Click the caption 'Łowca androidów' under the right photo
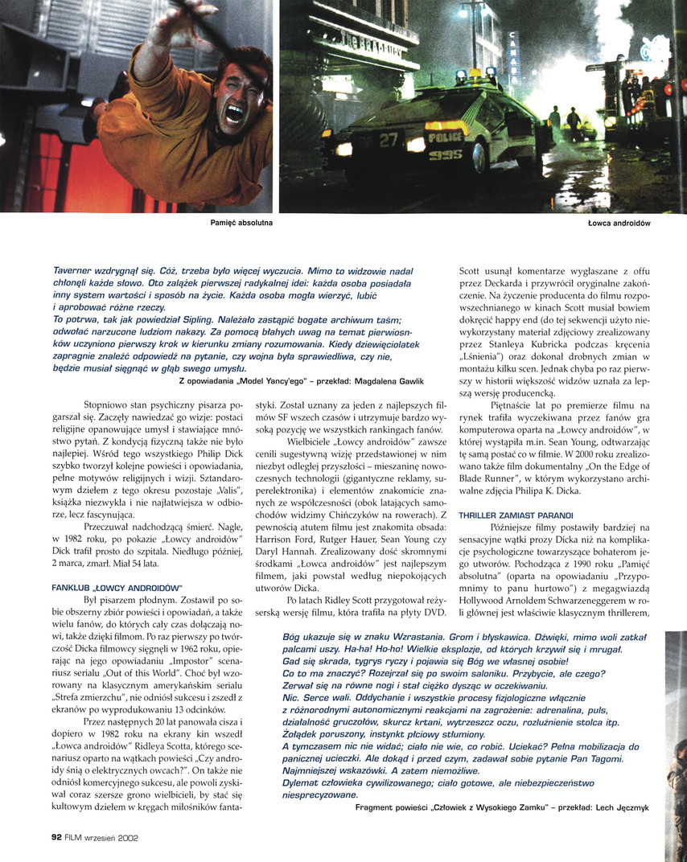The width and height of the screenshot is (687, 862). [619, 222]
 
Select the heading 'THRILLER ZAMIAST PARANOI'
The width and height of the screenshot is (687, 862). [516, 515]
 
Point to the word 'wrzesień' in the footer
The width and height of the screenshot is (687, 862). [106, 837]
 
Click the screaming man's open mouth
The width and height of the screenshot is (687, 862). [234, 114]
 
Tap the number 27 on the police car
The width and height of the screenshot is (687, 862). [389, 139]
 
